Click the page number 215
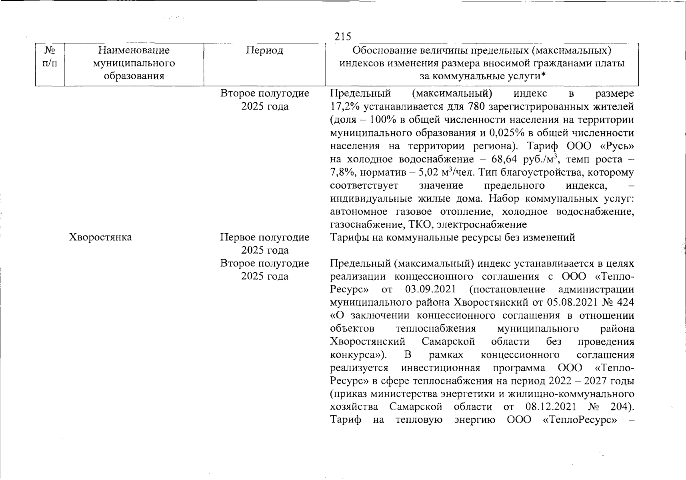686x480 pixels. (343, 37)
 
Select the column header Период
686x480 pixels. (264, 50)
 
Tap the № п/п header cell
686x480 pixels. (50, 57)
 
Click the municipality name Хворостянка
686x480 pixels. (100, 237)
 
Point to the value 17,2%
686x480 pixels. (344, 107)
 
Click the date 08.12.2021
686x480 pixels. (551, 407)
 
